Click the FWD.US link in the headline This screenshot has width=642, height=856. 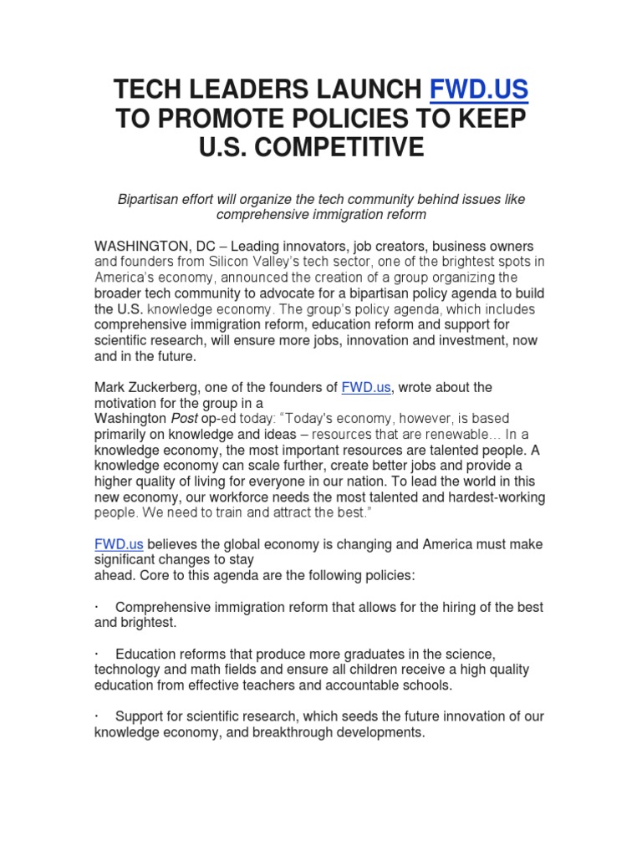[x=479, y=89]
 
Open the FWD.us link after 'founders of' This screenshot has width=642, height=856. [x=365, y=387]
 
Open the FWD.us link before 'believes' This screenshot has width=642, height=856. [x=119, y=544]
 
